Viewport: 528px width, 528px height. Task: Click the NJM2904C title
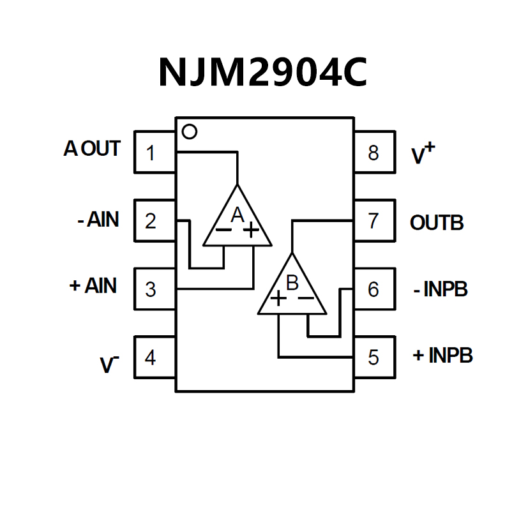(x=262, y=72)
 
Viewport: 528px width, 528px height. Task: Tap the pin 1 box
(x=155, y=153)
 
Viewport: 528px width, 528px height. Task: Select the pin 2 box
(x=155, y=221)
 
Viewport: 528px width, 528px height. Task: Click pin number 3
(x=151, y=289)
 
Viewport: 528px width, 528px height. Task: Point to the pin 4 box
(x=155, y=357)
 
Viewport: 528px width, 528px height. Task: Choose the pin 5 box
(x=374, y=357)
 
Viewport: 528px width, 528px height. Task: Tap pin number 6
(x=373, y=289)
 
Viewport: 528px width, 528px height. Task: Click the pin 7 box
(x=374, y=221)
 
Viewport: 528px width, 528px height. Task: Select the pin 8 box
(x=374, y=153)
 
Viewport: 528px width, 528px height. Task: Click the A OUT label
(x=92, y=149)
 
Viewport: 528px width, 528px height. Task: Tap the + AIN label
(x=93, y=286)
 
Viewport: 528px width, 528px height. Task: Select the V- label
(x=109, y=365)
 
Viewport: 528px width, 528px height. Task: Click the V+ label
(x=423, y=154)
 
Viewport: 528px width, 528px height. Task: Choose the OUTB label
(x=437, y=223)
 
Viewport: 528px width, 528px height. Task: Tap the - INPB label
(x=441, y=289)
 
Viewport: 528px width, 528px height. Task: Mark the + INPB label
(x=442, y=355)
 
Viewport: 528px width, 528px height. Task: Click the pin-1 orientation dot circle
(x=189, y=132)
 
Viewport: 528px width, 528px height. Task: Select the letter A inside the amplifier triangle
(x=237, y=215)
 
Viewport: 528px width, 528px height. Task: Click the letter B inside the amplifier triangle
(x=292, y=282)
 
